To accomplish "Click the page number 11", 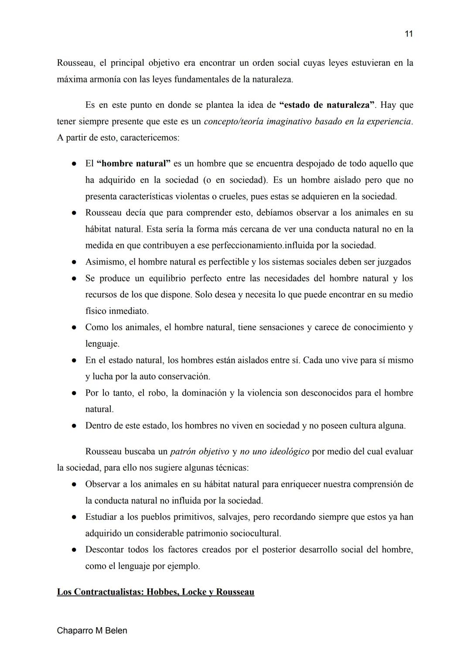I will coord(408,34).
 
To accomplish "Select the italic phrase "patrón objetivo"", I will coord(199,452).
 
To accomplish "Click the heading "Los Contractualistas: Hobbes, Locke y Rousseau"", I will coord(155,592).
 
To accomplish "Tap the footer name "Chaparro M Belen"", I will coord(92,631).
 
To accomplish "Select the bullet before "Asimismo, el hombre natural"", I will coord(75,263).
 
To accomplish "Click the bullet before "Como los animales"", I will coord(75,327).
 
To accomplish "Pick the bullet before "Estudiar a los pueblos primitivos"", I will coord(75,517).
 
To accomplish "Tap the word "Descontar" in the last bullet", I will coord(104,550).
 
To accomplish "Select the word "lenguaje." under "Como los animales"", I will coord(102,344).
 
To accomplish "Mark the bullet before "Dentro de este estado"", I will coord(75,426).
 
